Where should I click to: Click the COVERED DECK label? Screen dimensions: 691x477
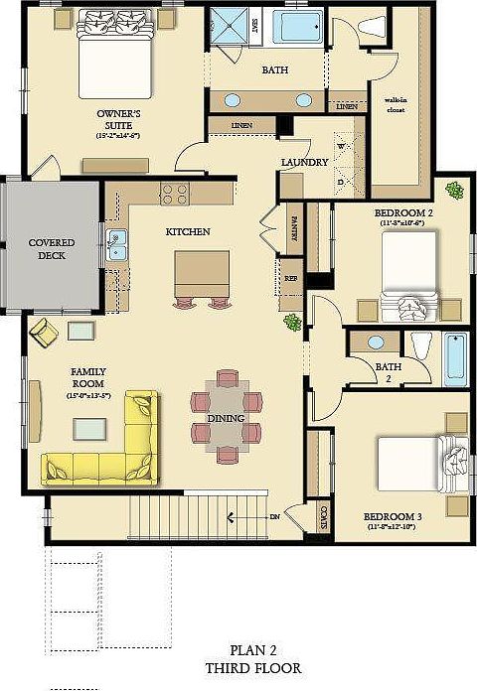pos(52,248)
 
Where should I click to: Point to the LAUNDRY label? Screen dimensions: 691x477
pos(304,163)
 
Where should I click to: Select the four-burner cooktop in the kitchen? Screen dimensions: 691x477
pos(175,194)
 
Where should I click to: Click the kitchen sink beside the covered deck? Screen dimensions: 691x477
pos(116,240)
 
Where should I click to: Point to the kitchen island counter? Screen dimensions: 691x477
pos(202,268)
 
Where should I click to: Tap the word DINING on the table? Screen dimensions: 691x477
pos(226,419)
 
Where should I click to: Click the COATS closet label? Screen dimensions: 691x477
pos(325,516)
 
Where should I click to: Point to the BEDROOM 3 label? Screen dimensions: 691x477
pos(392,518)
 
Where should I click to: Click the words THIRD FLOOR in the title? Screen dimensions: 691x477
pos(252,668)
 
